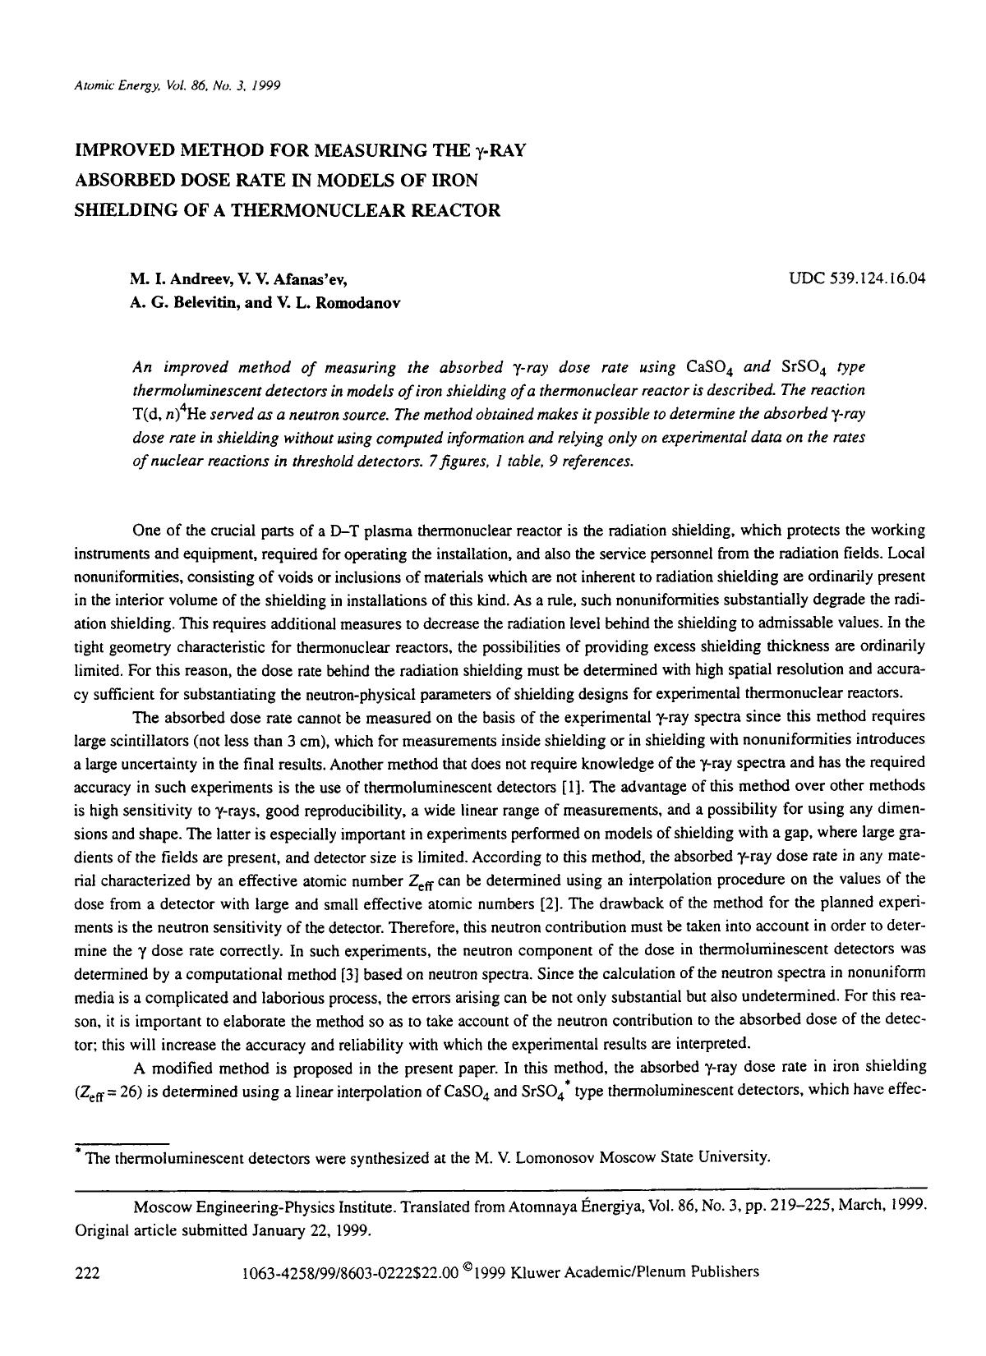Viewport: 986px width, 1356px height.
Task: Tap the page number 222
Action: pyautogui.click(x=87, y=1272)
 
